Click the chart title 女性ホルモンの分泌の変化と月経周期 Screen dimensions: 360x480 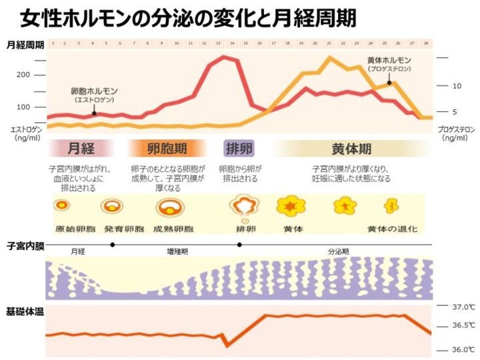point(187,17)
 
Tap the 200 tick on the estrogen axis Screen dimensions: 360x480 point(23,75)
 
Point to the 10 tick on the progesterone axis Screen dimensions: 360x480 point(457,86)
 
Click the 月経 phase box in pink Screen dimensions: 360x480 point(81,148)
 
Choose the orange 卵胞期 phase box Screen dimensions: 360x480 point(167,148)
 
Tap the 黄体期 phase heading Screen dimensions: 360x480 point(351,148)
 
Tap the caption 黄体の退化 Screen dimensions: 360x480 point(393,229)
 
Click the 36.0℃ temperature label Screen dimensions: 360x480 point(462,349)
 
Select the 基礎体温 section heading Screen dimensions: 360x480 point(25,311)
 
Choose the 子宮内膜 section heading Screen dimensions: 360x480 point(25,247)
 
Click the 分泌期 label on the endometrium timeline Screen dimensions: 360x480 point(338,252)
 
